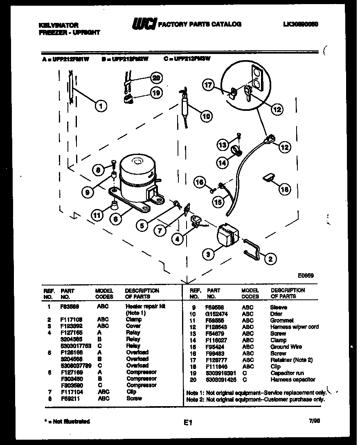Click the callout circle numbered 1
pos(101,106)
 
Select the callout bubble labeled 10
pos(207,116)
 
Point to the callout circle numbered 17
pos(209,85)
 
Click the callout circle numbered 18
pos(285,189)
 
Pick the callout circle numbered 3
pos(208,254)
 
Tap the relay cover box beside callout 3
pos(227,236)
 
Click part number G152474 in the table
pos(217,314)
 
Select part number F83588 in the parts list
pos(69,306)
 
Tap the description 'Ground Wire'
pos(286,347)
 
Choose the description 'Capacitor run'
pos(287,373)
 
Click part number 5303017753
pos(75,346)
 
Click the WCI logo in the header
pos(144,25)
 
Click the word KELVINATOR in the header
pos(59,25)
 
